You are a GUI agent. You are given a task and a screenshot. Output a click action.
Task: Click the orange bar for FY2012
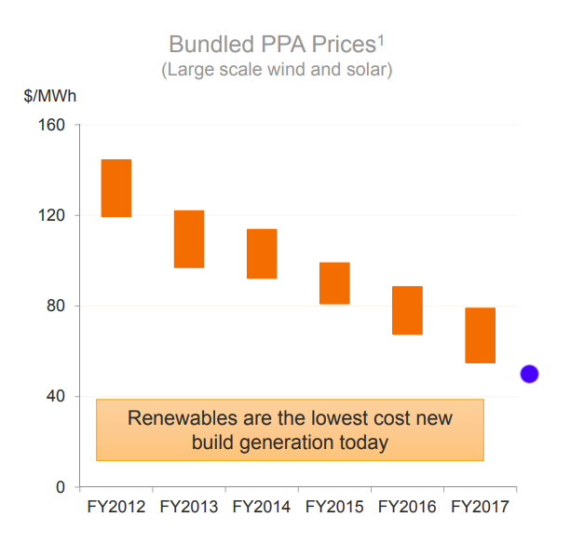tap(116, 188)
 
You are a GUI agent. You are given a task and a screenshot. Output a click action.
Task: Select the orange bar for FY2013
tap(189, 239)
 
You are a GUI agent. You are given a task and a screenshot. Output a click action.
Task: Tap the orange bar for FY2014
tap(262, 253)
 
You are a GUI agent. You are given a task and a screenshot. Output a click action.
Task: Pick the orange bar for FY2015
tap(334, 283)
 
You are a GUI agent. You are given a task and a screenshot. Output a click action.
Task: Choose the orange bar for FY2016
tap(407, 310)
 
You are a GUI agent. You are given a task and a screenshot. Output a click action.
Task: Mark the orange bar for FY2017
tap(480, 335)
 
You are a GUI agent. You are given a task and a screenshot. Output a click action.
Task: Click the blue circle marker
tap(529, 374)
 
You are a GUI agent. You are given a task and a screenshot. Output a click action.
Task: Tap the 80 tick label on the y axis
tap(57, 306)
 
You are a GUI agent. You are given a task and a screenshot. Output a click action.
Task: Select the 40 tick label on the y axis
tap(57, 396)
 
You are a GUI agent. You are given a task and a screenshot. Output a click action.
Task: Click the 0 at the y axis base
tap(61, 487)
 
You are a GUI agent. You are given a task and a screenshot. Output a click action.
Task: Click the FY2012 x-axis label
tap(115, 508)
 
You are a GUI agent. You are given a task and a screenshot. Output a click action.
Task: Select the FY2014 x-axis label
tap(262, 508)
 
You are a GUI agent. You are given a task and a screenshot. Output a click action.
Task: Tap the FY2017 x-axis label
tap(480, 508)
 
